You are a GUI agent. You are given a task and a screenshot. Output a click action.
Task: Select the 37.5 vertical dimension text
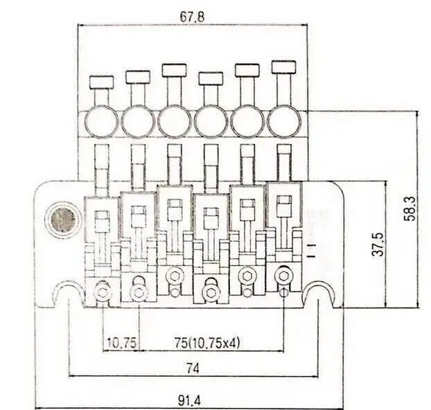[x=378, y=244]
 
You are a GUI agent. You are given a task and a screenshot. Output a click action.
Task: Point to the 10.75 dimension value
[x=121, y=343]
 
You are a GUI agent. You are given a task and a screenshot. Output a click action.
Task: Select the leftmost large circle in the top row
[x=101, y=122]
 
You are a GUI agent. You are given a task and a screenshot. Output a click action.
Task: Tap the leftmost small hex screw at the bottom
[x=103, y=292]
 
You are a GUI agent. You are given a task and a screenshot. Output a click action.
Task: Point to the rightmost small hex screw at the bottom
[x=283, y=276]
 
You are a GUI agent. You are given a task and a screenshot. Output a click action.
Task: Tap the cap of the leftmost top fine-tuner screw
[x=101, y=81]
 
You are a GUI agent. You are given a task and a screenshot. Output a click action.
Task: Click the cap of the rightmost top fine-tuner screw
[x=283, y=67]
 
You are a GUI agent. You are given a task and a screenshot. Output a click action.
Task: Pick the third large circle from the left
[x=175, y=122]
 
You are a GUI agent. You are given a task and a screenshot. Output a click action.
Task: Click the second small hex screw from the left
[x=139, y=292]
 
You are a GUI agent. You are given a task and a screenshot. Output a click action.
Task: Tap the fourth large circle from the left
[x=211, y=122]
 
